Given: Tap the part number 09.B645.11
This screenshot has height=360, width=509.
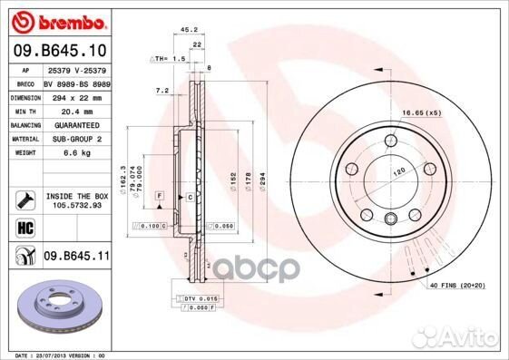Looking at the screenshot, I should [x=74, y=258].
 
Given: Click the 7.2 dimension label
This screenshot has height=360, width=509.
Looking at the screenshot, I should [x=163, y=91].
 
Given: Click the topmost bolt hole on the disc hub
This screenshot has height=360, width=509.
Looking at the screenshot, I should [x=390, y=141].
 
